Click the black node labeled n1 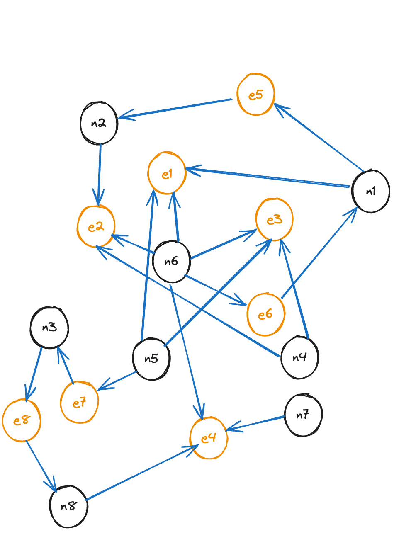tap(370, 191)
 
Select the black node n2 tap(99, 124)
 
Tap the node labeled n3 tap(49, 328)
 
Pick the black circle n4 tap(299, 357)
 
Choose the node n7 tap(303, 415)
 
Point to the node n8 tap(68, 506)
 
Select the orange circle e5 tap(255, 95)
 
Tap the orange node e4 tap(208, 438)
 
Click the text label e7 tap(79, 402)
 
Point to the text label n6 tap(171, 262)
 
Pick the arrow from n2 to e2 tap(100, 174)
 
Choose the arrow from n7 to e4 tap(255, 423)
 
